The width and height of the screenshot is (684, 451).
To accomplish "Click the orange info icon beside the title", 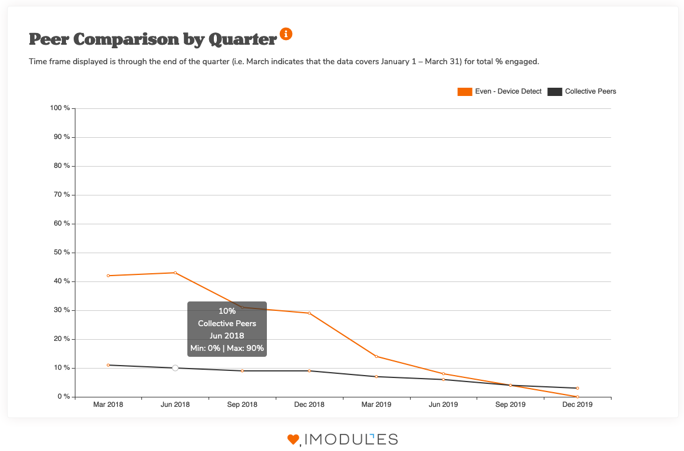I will click(286, 34).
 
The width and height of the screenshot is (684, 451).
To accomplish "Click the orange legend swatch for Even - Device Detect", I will click(464, 91).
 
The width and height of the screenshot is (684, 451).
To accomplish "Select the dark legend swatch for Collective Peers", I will click(555, 91).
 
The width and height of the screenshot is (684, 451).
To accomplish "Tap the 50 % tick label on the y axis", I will click(60, 253).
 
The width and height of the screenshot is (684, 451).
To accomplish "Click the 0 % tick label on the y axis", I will click(62, 397).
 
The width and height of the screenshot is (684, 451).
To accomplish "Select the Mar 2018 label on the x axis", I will click(108, 405).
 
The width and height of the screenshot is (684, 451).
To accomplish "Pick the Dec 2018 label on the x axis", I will click(309, 405).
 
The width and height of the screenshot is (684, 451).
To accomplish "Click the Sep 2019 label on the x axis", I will click(510, 405).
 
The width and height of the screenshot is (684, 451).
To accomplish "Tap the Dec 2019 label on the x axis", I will click(577, 405).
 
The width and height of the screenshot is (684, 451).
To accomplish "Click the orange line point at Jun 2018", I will click(175, 273).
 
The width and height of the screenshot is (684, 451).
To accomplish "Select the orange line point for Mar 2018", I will click(108, 276).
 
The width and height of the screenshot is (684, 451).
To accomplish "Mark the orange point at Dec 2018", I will click(309, 313).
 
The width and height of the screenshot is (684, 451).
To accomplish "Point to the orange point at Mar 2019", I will click(376, 356).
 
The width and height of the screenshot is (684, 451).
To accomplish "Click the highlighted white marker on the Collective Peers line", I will click(175, 368).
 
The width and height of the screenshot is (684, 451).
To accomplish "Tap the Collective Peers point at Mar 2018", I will click(108, 365).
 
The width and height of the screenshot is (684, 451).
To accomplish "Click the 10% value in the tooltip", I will click(227, 311).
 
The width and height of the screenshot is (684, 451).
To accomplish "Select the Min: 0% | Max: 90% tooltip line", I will click(227, 349).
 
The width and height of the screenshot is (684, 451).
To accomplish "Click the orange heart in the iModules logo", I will click(293, 439).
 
